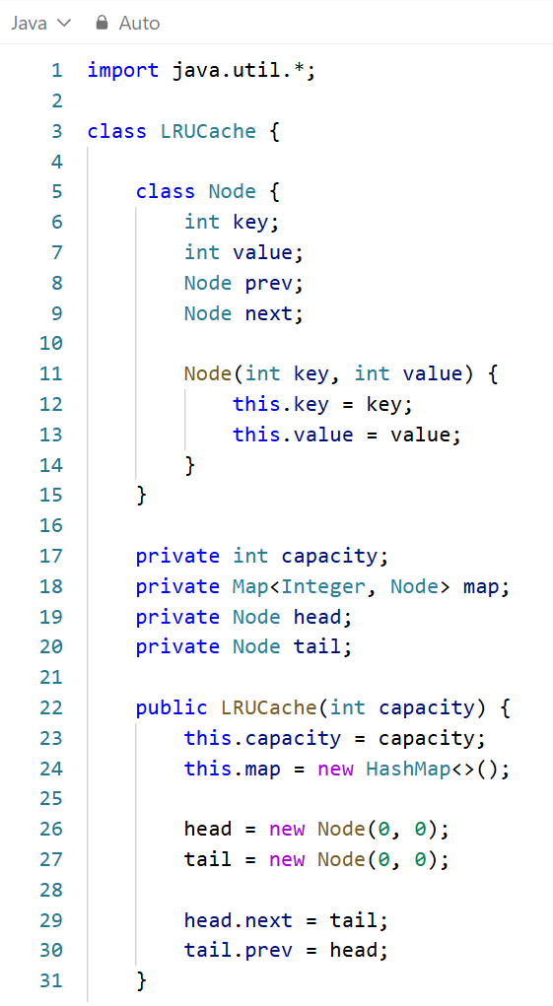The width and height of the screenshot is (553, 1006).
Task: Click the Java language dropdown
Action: [39, 23]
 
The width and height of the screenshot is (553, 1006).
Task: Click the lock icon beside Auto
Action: [102, 23]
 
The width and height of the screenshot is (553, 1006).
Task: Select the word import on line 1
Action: [123, 70]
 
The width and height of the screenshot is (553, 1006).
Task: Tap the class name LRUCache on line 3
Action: [209, 131]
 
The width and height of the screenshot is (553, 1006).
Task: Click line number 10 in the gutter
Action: [51, 343]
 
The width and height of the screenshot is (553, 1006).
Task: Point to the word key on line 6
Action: [250, 222]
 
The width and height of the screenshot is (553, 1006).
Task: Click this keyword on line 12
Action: [256, 404]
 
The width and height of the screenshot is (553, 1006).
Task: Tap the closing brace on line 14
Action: [189, 464]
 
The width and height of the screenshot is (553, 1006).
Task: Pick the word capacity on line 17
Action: [330, 556]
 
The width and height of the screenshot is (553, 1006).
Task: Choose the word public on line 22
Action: [172, 707]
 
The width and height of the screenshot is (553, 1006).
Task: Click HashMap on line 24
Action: [408, 769]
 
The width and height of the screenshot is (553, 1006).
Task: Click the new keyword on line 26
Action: [287, 830]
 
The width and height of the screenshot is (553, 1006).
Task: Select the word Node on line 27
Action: [341, 859]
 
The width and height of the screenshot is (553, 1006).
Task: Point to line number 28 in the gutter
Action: [51, 890]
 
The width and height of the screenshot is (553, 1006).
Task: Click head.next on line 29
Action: [238, 920]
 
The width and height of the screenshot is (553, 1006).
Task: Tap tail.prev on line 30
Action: [238, 950]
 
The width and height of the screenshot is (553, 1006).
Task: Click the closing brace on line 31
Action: [141, 980]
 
